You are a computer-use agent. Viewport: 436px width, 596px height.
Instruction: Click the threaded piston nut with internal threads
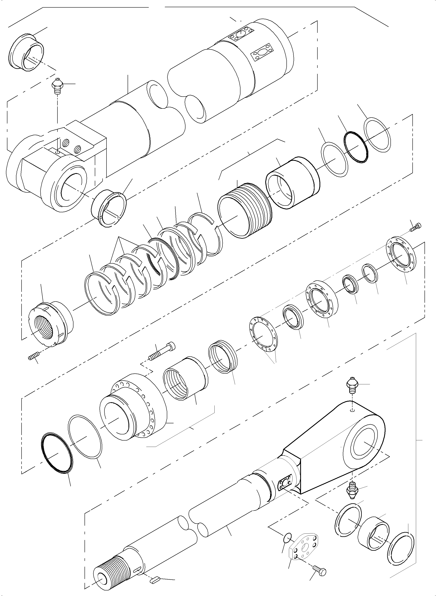(50, 324)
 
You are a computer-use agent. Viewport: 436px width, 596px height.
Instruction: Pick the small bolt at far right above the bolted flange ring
(416, 227)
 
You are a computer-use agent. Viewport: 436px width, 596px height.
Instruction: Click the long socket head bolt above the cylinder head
(162, 351)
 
